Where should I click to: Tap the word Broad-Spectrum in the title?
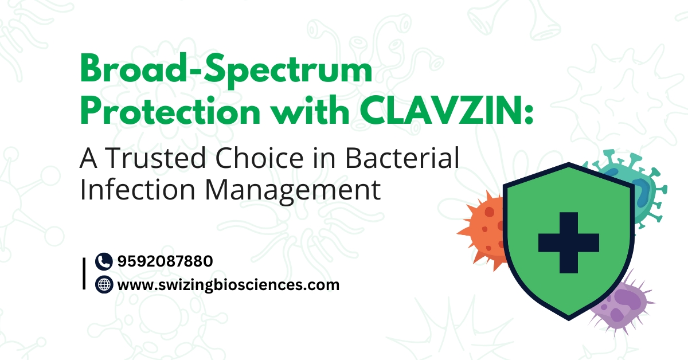pyautogui.click(x=226, y=70)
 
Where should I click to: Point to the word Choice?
pyautogui.click(x=260, y=158)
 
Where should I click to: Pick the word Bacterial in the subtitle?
pyautogui.click(x=402, y=158)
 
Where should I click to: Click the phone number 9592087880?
pyautogui.click(x=165, y=261)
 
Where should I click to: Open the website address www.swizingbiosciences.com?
pyautogui.click(x=229, y=285)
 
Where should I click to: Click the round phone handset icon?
pyautogui.click(x=104, y=261)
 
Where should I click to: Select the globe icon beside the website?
pyautogui.click(x=104, y=285)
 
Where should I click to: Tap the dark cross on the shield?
pyautogui.click(x=569, y=242)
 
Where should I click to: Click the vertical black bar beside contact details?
pyautogui.click(x=84, y=273)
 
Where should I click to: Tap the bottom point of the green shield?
pyautogui.click(x=569, y=320)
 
